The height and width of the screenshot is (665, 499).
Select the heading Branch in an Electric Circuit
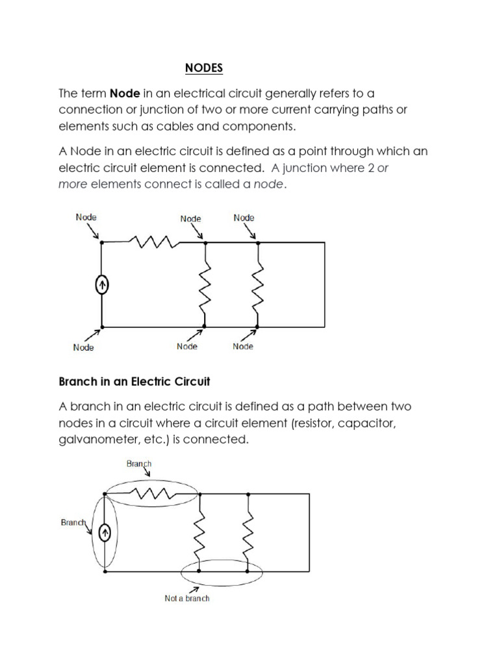[x=134, y=382]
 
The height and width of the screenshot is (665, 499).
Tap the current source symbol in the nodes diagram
[x=101, y=284]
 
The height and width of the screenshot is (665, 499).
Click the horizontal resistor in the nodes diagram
[x=154, y=242]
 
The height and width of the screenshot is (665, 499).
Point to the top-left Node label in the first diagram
[x=86, y=217]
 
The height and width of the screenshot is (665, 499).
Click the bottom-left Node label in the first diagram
[x=83, y=347]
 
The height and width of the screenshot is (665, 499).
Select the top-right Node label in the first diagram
[x=244, y=218]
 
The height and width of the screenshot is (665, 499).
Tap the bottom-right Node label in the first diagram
[x=243, y=347]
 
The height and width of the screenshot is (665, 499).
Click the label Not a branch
[x=187, y=598]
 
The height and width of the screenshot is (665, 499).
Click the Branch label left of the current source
[x=73, y=521]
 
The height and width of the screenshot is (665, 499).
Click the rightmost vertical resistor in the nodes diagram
[x=258, y=284]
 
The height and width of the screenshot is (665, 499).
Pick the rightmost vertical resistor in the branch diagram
[x=249, y=532]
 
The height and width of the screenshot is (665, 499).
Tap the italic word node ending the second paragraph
[x=268, y=184]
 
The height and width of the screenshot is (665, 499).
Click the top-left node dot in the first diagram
[x=101, y=242]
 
